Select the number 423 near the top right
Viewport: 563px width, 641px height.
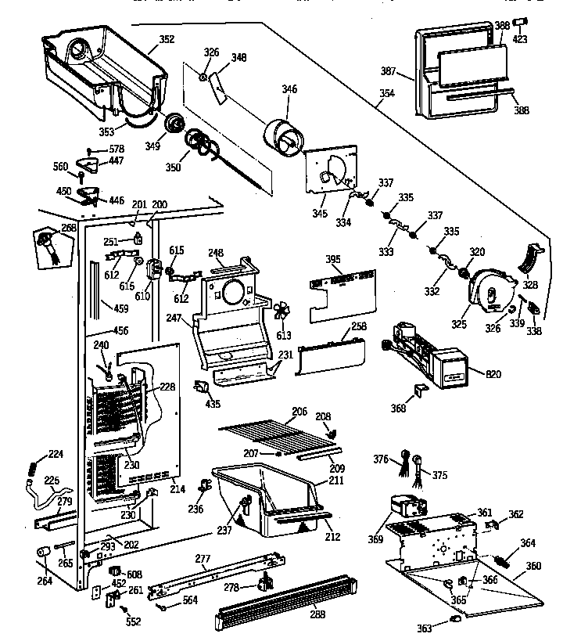[x=520, y=39]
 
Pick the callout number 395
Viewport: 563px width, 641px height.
[x=332, y=259]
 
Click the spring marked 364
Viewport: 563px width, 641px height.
[x=505, y=560]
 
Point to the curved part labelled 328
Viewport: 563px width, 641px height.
[x=531, y=257]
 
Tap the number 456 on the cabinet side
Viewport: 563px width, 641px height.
[x=120, y=331]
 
